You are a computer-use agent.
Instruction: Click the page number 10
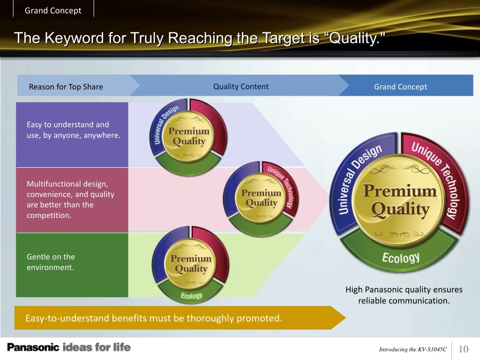[x=463, y=349]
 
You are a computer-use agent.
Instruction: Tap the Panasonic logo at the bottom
[x=33, y=347]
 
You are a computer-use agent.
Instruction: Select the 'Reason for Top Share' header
[x=66, y=87]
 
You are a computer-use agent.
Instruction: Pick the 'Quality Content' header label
[x=241, y=86]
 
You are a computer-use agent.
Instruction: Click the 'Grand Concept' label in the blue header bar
[x=400, y=87]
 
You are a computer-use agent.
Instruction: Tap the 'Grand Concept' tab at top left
[x=53, y=10]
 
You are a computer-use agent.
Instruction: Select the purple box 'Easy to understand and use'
[x=72, y=135]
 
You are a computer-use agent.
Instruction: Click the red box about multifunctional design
[x=72, y=200]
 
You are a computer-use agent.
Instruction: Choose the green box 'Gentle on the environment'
[x=72, y=264]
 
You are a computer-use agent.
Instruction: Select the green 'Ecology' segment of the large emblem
[x=400, y=257]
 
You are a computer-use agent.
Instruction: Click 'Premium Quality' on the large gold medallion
[x=400, y=200]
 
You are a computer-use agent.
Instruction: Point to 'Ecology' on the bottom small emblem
[x=191, y=296]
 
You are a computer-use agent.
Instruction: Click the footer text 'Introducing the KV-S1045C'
[x=412, y=349]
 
